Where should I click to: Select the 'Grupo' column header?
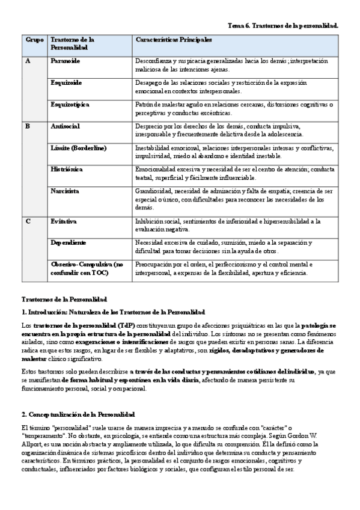pos(34,39)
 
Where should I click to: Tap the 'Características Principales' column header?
pos(174,39)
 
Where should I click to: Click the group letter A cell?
pos(28,61)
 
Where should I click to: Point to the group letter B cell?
pos(27,126)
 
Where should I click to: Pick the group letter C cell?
pos(28,221)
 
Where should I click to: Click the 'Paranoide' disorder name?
pos(66,61)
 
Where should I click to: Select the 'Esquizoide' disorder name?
pos(67,83)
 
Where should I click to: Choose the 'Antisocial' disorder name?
pos(66,126)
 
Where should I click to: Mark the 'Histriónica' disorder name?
pos(68,170)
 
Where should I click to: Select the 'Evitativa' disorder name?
pos(64,221)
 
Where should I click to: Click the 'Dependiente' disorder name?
pos(69,242)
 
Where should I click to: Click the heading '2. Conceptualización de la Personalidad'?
pos(78,415)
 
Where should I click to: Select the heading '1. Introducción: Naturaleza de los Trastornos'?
pos(113,312)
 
